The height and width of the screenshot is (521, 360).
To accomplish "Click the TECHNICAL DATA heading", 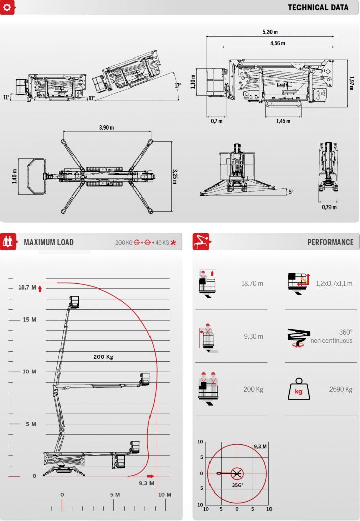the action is coord(318,7).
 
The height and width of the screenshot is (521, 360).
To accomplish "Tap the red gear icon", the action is coord(8,7).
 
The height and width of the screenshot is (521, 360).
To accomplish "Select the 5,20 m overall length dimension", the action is coord(270,32).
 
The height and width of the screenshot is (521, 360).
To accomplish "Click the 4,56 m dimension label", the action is coord(277,43).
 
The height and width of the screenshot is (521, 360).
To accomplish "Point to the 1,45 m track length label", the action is coord(283,121).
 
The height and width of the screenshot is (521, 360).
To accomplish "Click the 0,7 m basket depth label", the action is coord(217,121).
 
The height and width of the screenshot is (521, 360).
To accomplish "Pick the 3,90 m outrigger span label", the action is coord(106,128).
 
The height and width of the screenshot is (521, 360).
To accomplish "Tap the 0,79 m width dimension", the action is coord(329,207).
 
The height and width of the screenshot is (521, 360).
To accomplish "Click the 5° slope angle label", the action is coord(291,192).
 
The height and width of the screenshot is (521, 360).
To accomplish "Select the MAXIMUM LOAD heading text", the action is coord(49,242).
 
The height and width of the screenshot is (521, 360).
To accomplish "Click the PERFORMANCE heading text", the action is coord(331,242).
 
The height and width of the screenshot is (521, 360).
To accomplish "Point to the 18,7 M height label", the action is coord(27,287).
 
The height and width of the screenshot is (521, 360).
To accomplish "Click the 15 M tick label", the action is coord(29,320).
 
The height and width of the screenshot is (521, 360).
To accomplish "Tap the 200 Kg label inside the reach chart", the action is coord(103,357).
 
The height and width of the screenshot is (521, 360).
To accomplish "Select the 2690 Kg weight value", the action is coord(341,389).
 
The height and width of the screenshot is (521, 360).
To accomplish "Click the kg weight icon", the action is coord(299,389).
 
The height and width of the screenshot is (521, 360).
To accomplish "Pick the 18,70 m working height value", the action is coord(252,284).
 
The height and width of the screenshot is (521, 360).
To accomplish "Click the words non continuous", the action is coord(332,341).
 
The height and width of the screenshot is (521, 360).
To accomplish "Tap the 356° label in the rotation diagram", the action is coord(237,485).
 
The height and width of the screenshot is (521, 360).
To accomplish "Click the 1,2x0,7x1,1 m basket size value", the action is coord(334,284).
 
